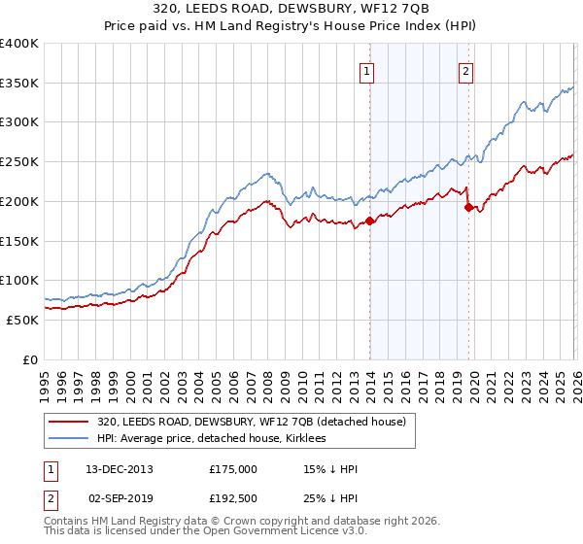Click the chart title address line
click(x=291, y=9)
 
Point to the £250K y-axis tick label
click(x=19, y=162)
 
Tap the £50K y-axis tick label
click(x=22, y=320)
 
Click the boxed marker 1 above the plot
click(x=367, y=70)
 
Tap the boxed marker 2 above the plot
click(x=466, y=70)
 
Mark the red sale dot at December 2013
click(x=369, y=221)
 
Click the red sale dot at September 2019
click(x=468, y=207)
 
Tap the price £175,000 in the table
click(x=233, y=469)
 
